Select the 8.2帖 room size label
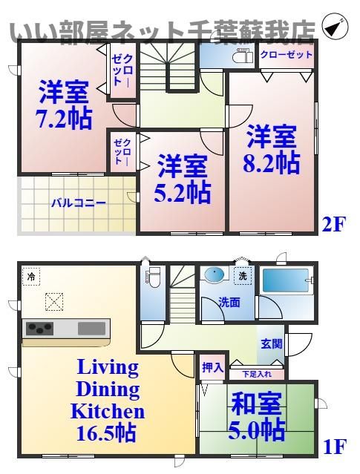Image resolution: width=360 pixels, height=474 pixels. (x=272, y=162)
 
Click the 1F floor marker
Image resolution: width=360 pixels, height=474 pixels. (x=334, y=447)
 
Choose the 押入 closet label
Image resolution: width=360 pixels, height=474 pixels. (x=211, y=366)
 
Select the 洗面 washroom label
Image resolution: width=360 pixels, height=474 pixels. (x=229, y=302)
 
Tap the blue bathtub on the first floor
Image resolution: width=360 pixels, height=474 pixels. (x=285, y=281)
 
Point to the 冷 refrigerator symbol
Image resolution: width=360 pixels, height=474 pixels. (x=32, y=276)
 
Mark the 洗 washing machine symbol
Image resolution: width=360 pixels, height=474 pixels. (x=242, y=275)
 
